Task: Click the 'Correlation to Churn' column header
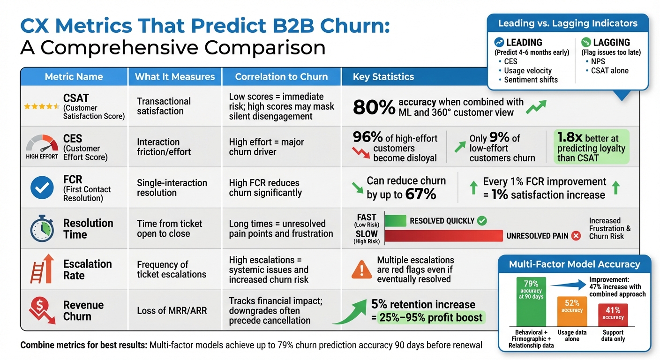coord(281,77)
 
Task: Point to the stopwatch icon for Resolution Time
coord(42,229)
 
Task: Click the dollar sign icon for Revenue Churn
coord(41,310)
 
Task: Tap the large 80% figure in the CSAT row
coord(374,107)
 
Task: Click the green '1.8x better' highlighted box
coord(588,147)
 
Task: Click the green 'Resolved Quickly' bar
coord(395,221)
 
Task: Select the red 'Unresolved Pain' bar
coord(443,236)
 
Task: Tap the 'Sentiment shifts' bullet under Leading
coord(531,80)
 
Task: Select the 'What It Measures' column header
coord(175,77)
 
